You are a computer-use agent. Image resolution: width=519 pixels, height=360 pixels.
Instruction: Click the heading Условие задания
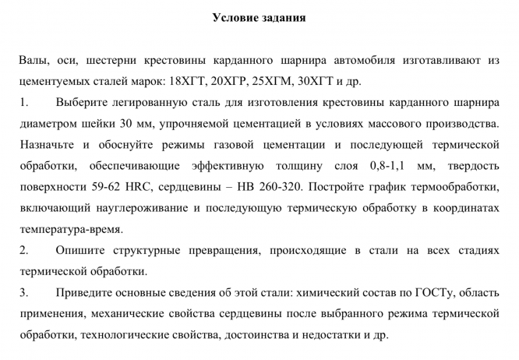[259, 18]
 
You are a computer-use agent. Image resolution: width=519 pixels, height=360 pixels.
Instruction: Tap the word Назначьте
[48, 145]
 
